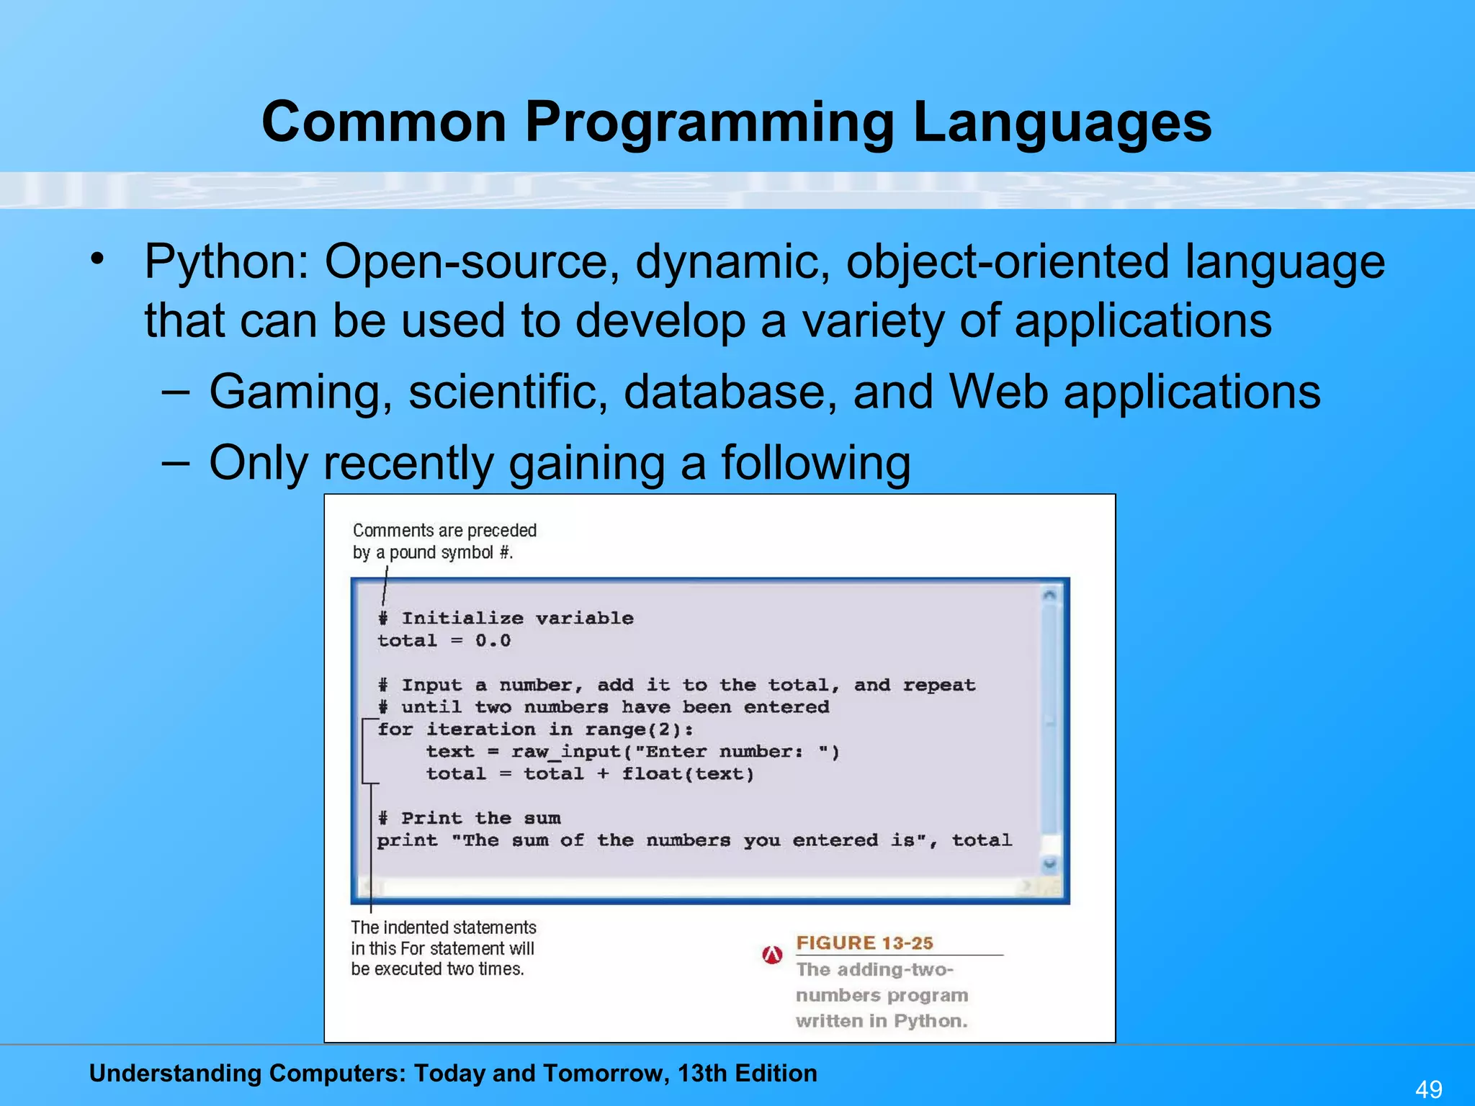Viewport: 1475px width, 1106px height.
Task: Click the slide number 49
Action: point(1429,1089)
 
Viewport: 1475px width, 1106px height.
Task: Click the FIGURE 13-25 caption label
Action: point(864,943)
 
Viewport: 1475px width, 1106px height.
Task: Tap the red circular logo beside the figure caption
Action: point(772,955)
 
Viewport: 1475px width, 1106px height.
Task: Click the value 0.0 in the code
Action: point(493,641)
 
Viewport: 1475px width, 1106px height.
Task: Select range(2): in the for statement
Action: point(639,729)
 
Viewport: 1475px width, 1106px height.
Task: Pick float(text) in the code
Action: point(688,774)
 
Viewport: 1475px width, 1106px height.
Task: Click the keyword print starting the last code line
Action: point(407,840)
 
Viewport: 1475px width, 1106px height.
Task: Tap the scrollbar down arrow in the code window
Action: point(1049,863)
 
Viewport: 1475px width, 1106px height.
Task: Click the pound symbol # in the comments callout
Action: point(505,553)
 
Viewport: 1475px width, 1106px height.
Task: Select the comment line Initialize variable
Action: point(516,619)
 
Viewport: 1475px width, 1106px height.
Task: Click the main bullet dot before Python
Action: point(98,258)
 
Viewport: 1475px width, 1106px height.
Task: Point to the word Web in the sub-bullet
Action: point(997,392)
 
